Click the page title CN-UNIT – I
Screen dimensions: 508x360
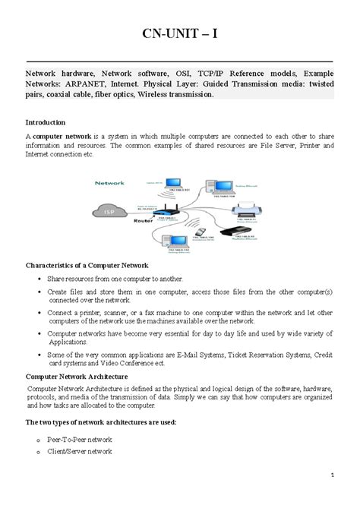tap(179, 36)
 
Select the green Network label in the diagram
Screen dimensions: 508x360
tap(109, 183)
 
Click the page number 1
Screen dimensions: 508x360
tap(333, 476)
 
